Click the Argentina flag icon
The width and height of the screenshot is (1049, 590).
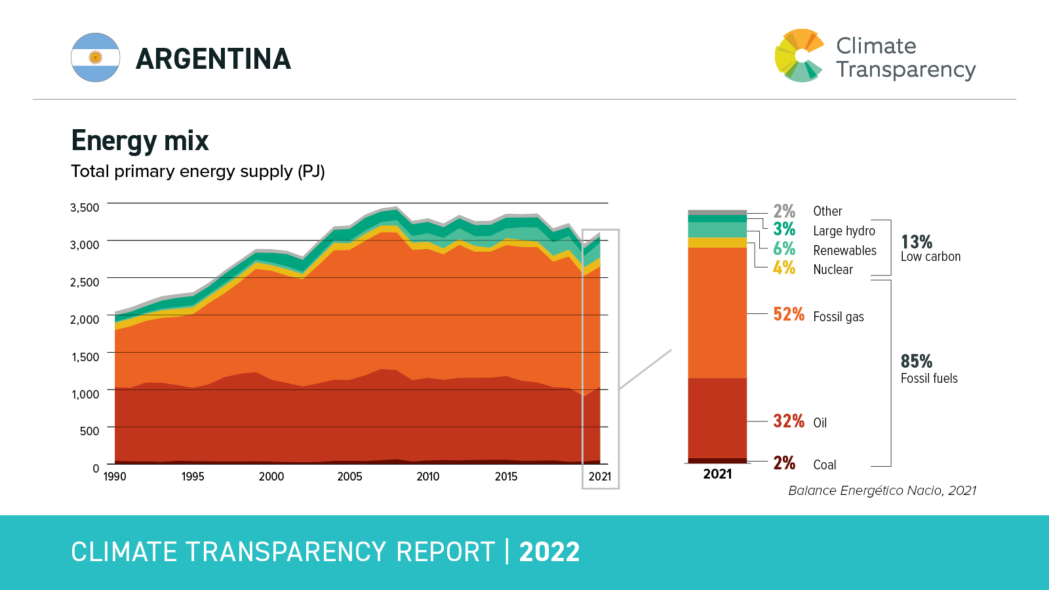point(96,58)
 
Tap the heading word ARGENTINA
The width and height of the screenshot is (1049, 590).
point(213,59)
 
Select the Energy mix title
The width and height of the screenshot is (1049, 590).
point(140,141)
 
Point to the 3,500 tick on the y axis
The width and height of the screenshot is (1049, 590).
point(85,208)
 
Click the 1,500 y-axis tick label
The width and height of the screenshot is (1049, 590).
point(85,357)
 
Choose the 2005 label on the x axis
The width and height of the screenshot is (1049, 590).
point(349,477)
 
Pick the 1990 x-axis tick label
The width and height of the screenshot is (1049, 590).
point(115,477)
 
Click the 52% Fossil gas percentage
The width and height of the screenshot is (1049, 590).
point(788,315)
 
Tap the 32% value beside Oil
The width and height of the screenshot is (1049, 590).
point(788,421)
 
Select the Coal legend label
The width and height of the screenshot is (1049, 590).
point(824,465)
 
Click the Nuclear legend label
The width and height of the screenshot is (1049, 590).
point(833,269)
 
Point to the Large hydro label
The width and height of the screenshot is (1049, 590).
point(844,231)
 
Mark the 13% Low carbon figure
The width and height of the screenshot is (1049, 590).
point(916,242)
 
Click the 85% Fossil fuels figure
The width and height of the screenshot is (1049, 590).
point(916,361)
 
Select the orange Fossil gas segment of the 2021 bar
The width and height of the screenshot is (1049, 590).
point(717,313)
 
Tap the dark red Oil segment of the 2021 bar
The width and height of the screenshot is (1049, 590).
point(717,418)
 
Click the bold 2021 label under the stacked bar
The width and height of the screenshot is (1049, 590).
point(717,474)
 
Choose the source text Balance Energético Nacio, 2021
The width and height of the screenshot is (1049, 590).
point(882,490)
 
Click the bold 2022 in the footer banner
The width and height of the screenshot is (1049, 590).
point(549,552)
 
